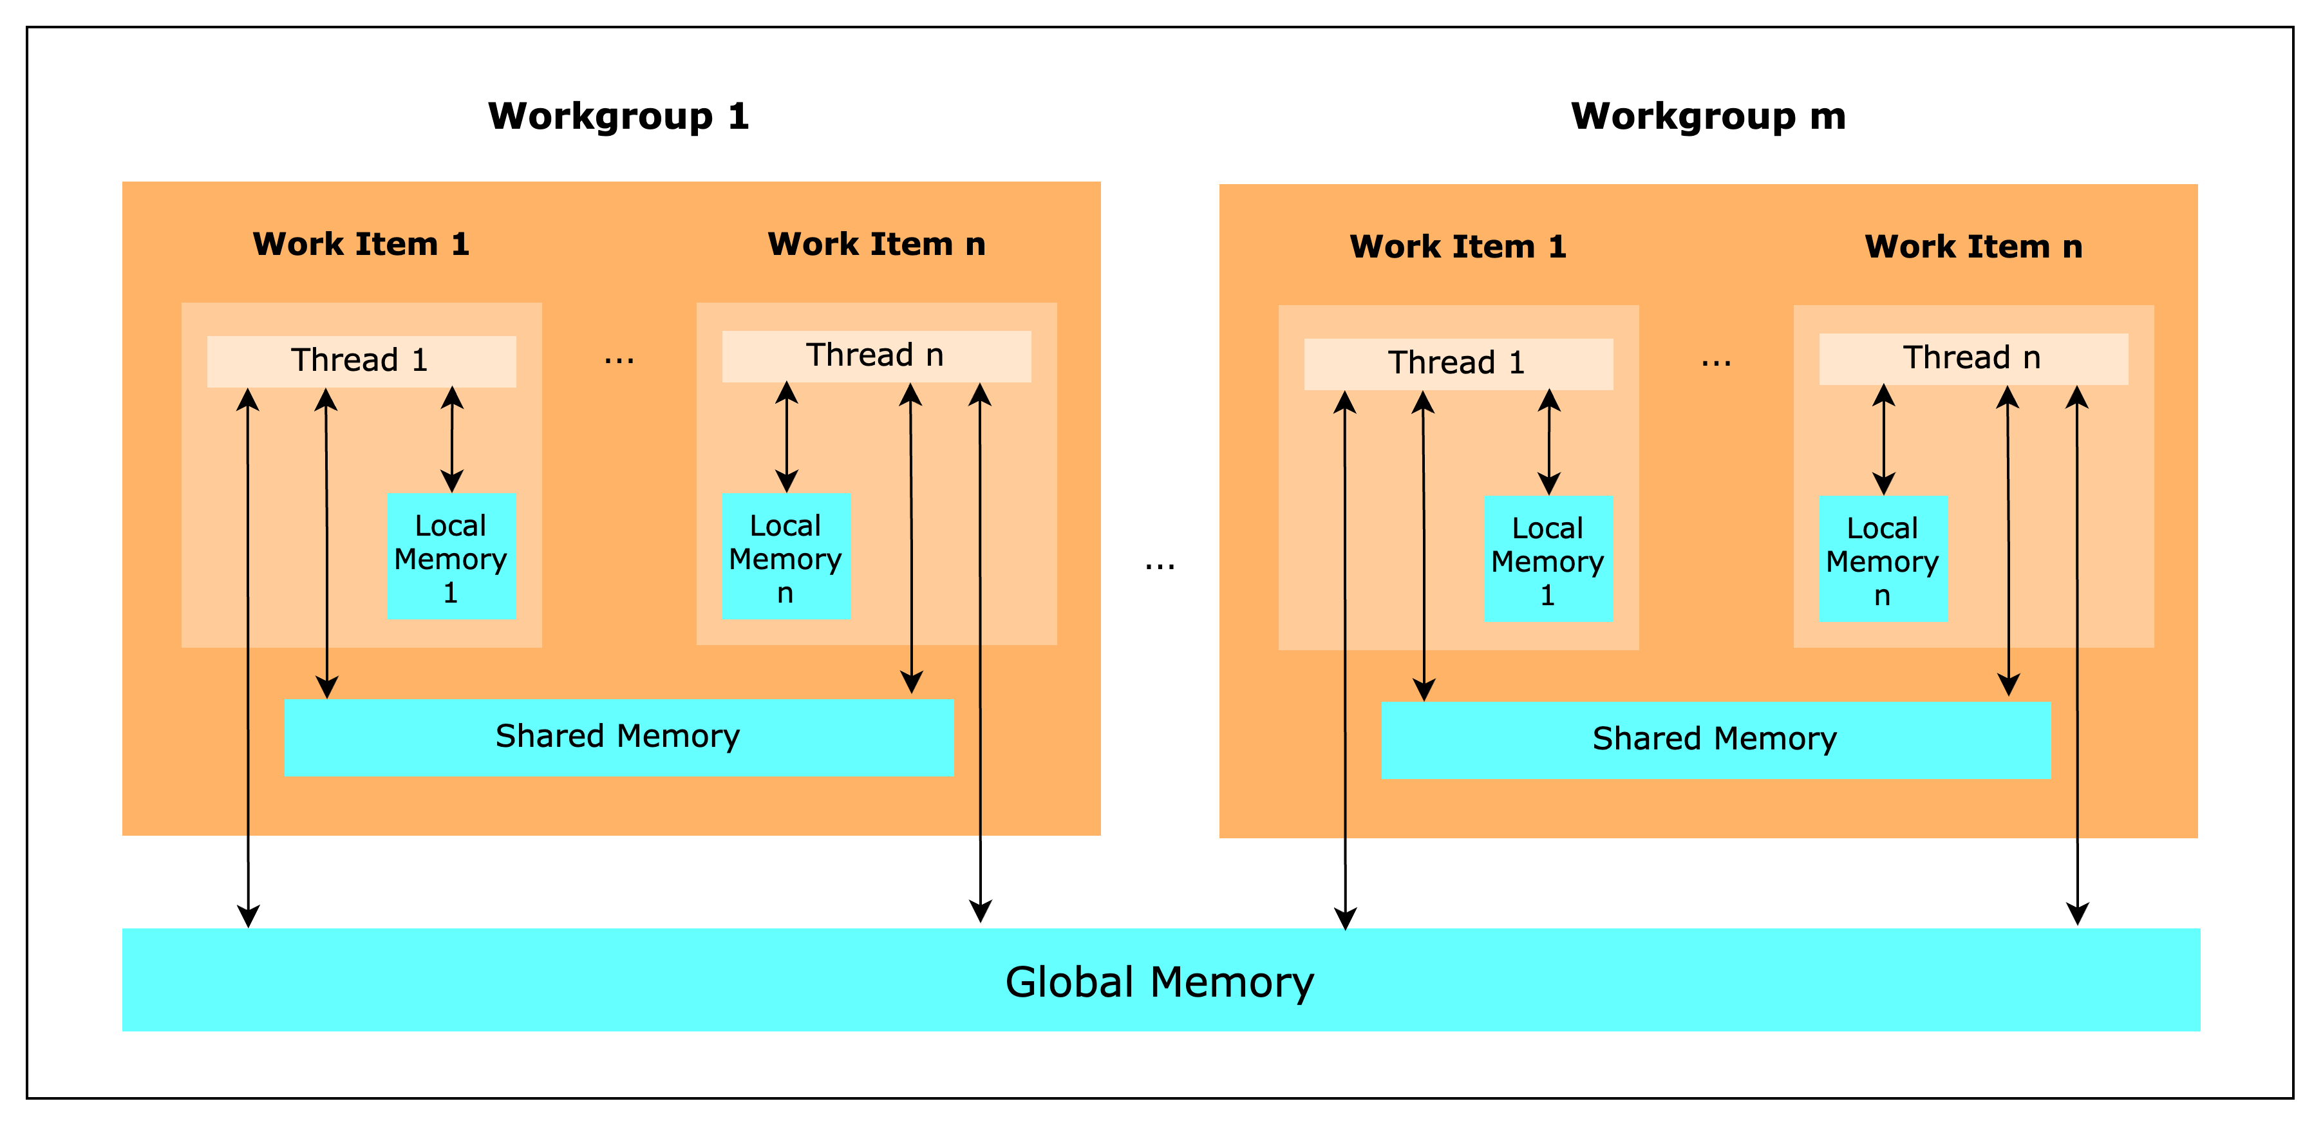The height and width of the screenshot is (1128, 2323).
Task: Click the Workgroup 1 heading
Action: click(619, 117)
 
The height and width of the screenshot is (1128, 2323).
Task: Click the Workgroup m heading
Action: click(1708, 117)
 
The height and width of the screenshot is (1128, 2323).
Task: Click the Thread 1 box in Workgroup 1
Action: click(361, 361)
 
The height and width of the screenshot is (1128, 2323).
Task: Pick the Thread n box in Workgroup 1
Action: click(876, 356)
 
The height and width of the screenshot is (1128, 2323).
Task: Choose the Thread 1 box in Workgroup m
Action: click(1457, 363)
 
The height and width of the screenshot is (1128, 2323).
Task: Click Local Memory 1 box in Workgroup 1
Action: click(451, 557)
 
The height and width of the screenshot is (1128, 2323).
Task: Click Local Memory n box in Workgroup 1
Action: click(785, 557)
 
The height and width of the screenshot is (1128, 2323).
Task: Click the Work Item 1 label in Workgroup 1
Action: click(361, 245)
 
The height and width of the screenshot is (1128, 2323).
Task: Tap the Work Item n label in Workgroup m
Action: click(1973, 247)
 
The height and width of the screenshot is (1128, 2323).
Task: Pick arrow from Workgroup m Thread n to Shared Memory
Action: click(2008, 541)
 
